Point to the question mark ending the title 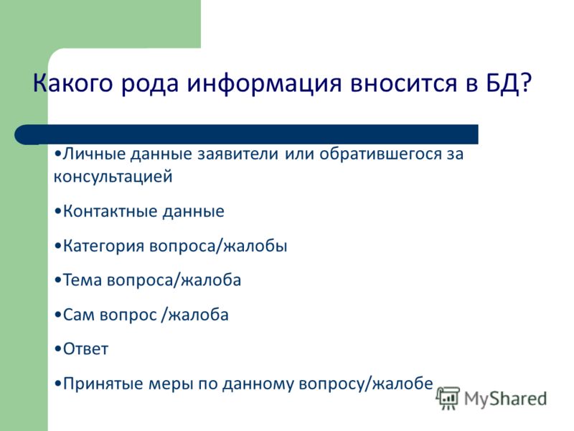526,83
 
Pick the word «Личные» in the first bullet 95,153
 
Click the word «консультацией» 113,177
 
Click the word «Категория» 103,246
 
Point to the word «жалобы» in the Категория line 255,246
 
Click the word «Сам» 79,315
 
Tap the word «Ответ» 85,349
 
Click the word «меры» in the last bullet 170,384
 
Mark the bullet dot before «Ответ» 58,350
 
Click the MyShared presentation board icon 448,399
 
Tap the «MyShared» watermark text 505,399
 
